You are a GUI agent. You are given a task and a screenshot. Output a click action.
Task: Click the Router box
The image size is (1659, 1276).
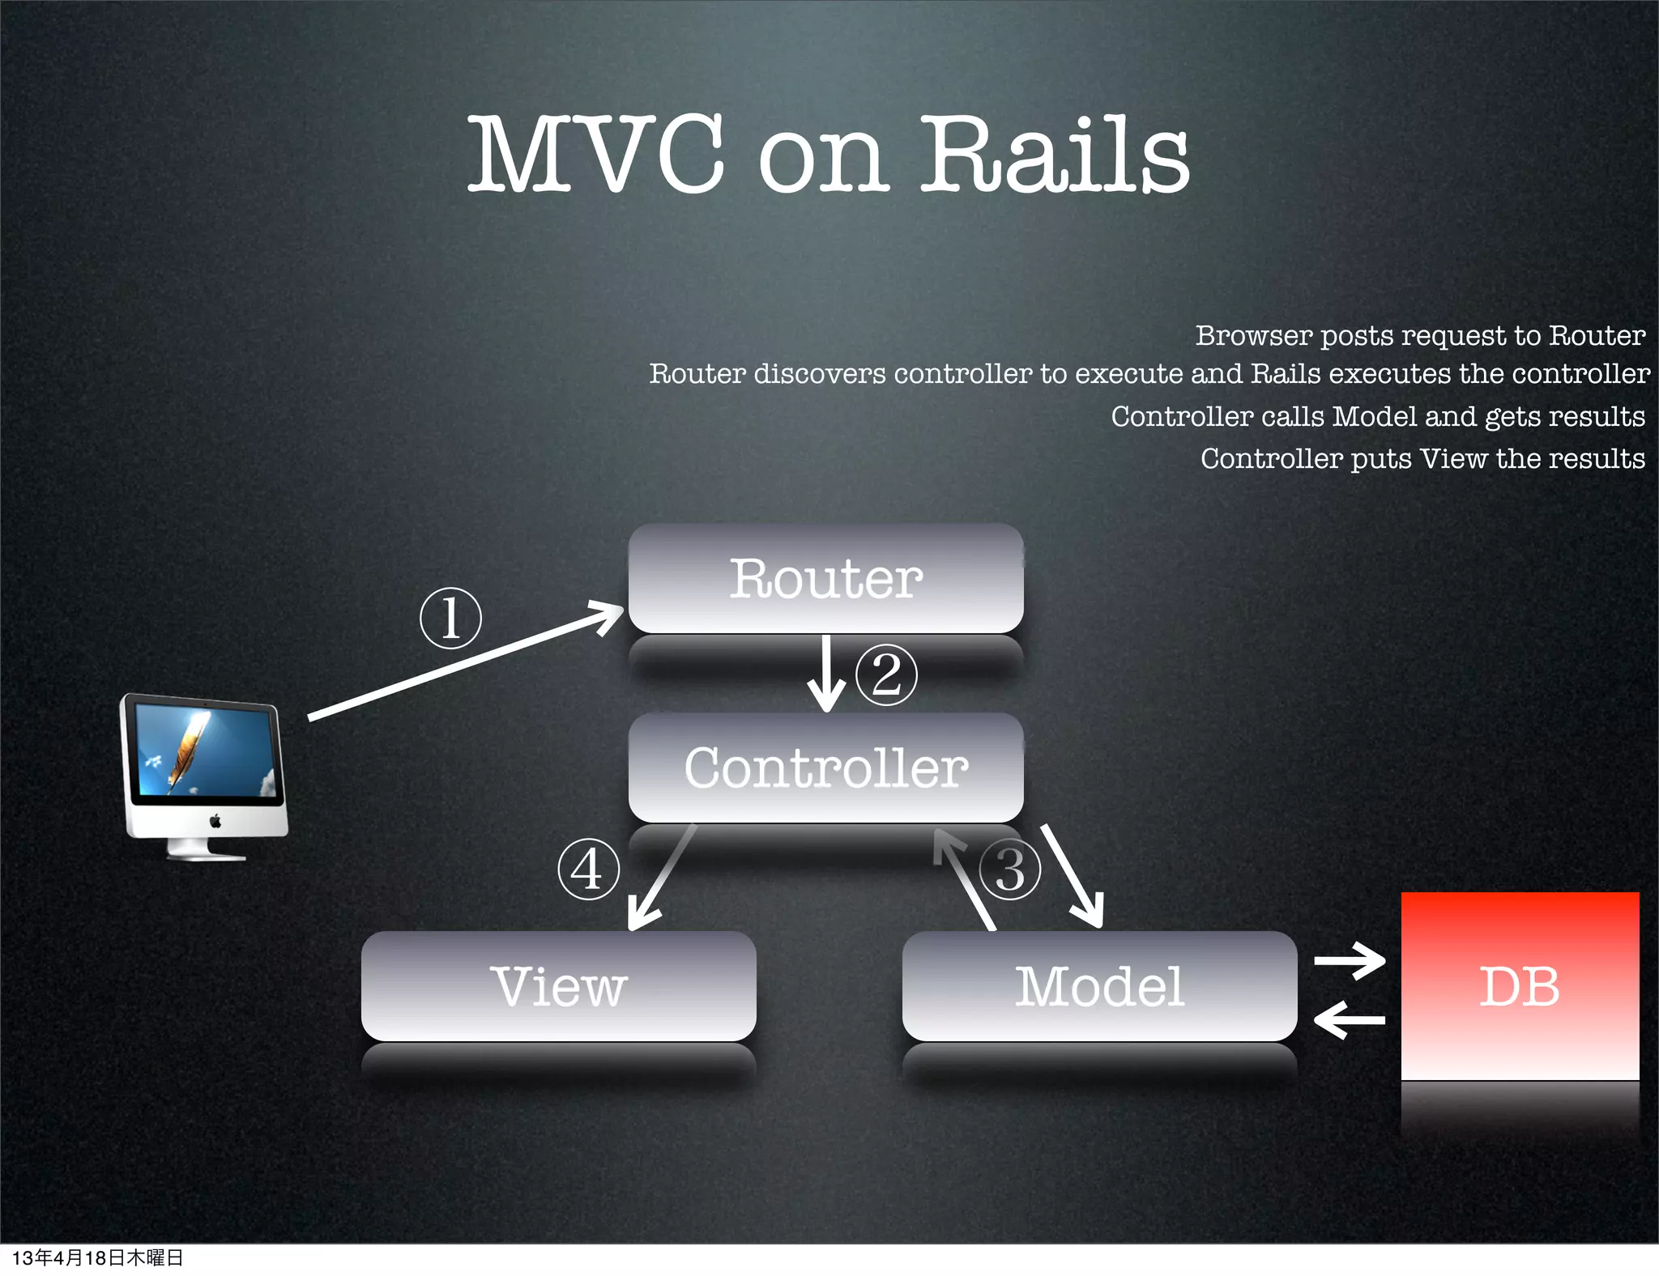click(x=825, y=578)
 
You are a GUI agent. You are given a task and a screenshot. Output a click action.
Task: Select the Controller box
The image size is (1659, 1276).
click(x=825, y=767)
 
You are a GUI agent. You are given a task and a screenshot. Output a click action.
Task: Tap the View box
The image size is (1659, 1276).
click(x=558, y=985)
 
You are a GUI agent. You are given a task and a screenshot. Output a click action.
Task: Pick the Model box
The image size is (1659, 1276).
click(x=1099, y=985)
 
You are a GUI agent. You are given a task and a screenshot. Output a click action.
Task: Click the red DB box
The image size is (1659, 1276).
click(x=1520, y=985)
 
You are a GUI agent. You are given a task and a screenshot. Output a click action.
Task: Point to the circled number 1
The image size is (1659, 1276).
click(x=451, y=618)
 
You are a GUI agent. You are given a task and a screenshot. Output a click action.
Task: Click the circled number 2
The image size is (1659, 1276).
click(x=886, y=674)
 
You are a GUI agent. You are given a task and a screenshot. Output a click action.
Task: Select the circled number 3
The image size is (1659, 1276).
click(x=1009, y=870)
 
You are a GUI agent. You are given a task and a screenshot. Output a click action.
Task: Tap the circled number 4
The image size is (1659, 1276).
click(x=589, y=870)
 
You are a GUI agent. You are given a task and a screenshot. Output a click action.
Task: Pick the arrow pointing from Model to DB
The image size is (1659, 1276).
click(x=1350, y=961)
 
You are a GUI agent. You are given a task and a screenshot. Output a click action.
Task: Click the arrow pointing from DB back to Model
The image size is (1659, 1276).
click(x=1350, y=1020)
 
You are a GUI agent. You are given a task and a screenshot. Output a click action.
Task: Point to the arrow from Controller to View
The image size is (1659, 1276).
click(x=661, y=878)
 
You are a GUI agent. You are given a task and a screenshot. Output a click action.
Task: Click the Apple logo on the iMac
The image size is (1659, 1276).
click(x=215, y=821)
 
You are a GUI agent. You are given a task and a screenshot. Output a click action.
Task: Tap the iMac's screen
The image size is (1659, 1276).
click(x=206, y=751)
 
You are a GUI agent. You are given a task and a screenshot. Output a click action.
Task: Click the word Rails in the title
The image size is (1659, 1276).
click(x=1055, y=154)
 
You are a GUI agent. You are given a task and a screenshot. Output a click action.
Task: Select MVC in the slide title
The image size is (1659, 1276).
click(x=595, y=154)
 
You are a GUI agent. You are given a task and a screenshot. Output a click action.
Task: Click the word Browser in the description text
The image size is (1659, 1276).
click(x=1253, y=335)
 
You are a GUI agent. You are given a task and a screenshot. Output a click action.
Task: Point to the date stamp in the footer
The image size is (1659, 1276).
click(x=98, y=1257)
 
